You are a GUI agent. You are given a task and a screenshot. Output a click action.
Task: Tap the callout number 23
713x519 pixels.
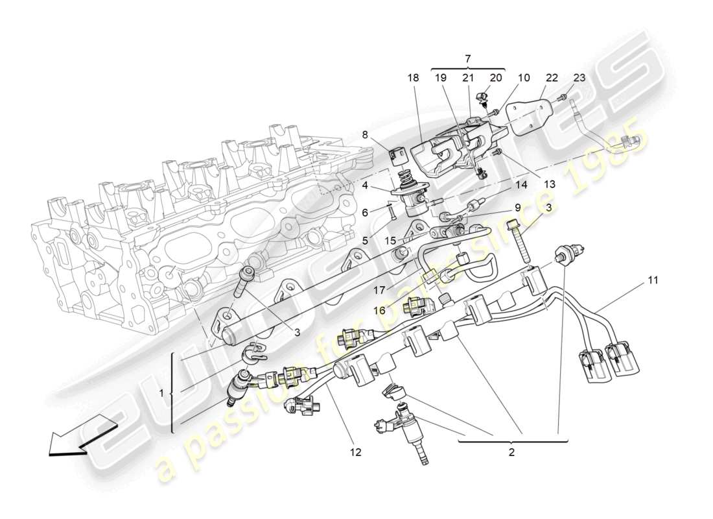(579, 78)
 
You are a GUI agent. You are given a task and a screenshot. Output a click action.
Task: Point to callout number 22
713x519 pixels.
(551, 78)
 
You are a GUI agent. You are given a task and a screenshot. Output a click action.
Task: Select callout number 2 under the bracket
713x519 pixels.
(511, 452)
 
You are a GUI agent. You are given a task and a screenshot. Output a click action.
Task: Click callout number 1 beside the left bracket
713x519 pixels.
(161, 392)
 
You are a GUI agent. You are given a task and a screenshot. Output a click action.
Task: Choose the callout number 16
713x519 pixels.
(380, 311)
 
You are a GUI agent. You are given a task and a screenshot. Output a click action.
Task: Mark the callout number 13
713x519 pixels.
(549, 185)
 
